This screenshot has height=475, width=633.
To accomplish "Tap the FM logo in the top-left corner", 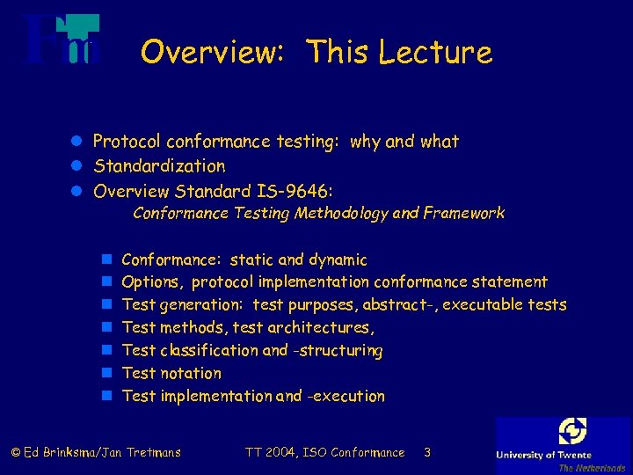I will point(62,40).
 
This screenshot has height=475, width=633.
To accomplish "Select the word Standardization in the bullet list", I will point(159,166).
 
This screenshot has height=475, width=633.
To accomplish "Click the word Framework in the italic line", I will point(463,213).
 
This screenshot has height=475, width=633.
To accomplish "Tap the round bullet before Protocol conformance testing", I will point(77,142).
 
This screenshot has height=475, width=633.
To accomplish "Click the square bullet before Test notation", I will point(105,374).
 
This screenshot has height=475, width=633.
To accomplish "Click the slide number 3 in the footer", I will point(426,453).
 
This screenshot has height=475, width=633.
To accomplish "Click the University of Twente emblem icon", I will point(572,431).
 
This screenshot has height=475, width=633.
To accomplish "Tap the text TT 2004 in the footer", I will point(272,453).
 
